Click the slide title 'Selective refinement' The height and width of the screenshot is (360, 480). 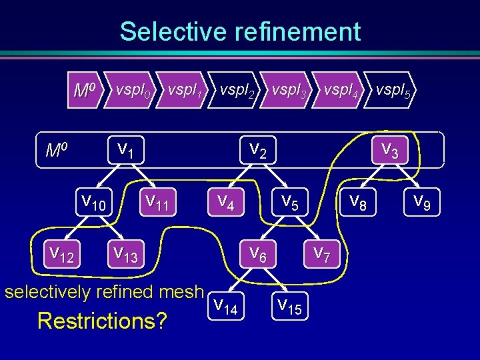[240, 31]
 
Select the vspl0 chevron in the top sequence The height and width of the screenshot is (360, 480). [133, 89]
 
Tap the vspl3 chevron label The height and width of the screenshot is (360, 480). [290, 89]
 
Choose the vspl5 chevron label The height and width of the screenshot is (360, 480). [393, 89]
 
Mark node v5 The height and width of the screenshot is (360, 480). [291, 200]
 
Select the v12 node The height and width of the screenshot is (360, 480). [62, 253]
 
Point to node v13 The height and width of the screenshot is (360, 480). [125, 253]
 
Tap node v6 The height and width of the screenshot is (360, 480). [259, 253]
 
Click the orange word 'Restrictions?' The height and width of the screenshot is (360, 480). [102, 321]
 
